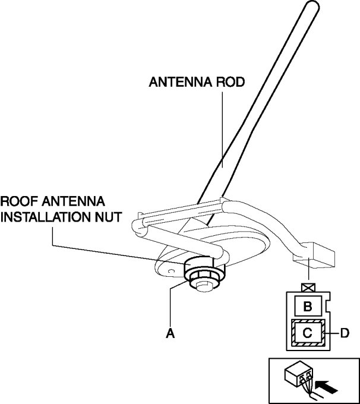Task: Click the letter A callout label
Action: [x=170, y=334]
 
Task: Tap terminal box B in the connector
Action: [x=308, y=307]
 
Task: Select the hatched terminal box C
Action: [x=308, y=333]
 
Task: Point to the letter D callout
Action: [x=345, y=333]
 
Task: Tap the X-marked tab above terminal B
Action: [x=308, y=288]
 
